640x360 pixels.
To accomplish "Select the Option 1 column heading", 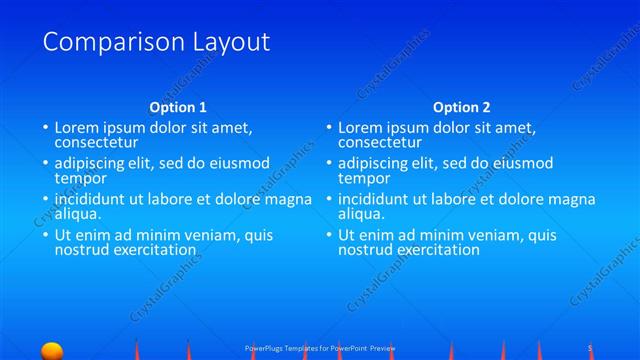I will [178, 107].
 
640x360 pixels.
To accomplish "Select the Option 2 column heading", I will [462, 107].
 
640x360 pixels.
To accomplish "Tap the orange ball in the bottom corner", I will [52, 350].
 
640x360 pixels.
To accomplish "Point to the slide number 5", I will [590, 347].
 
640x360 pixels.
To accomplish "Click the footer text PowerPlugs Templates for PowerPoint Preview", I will [320, 348].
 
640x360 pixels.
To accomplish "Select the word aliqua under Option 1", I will [78, 214].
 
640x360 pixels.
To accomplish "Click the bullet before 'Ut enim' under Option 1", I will [45, 236].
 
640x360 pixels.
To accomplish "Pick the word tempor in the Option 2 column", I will [363, 178].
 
